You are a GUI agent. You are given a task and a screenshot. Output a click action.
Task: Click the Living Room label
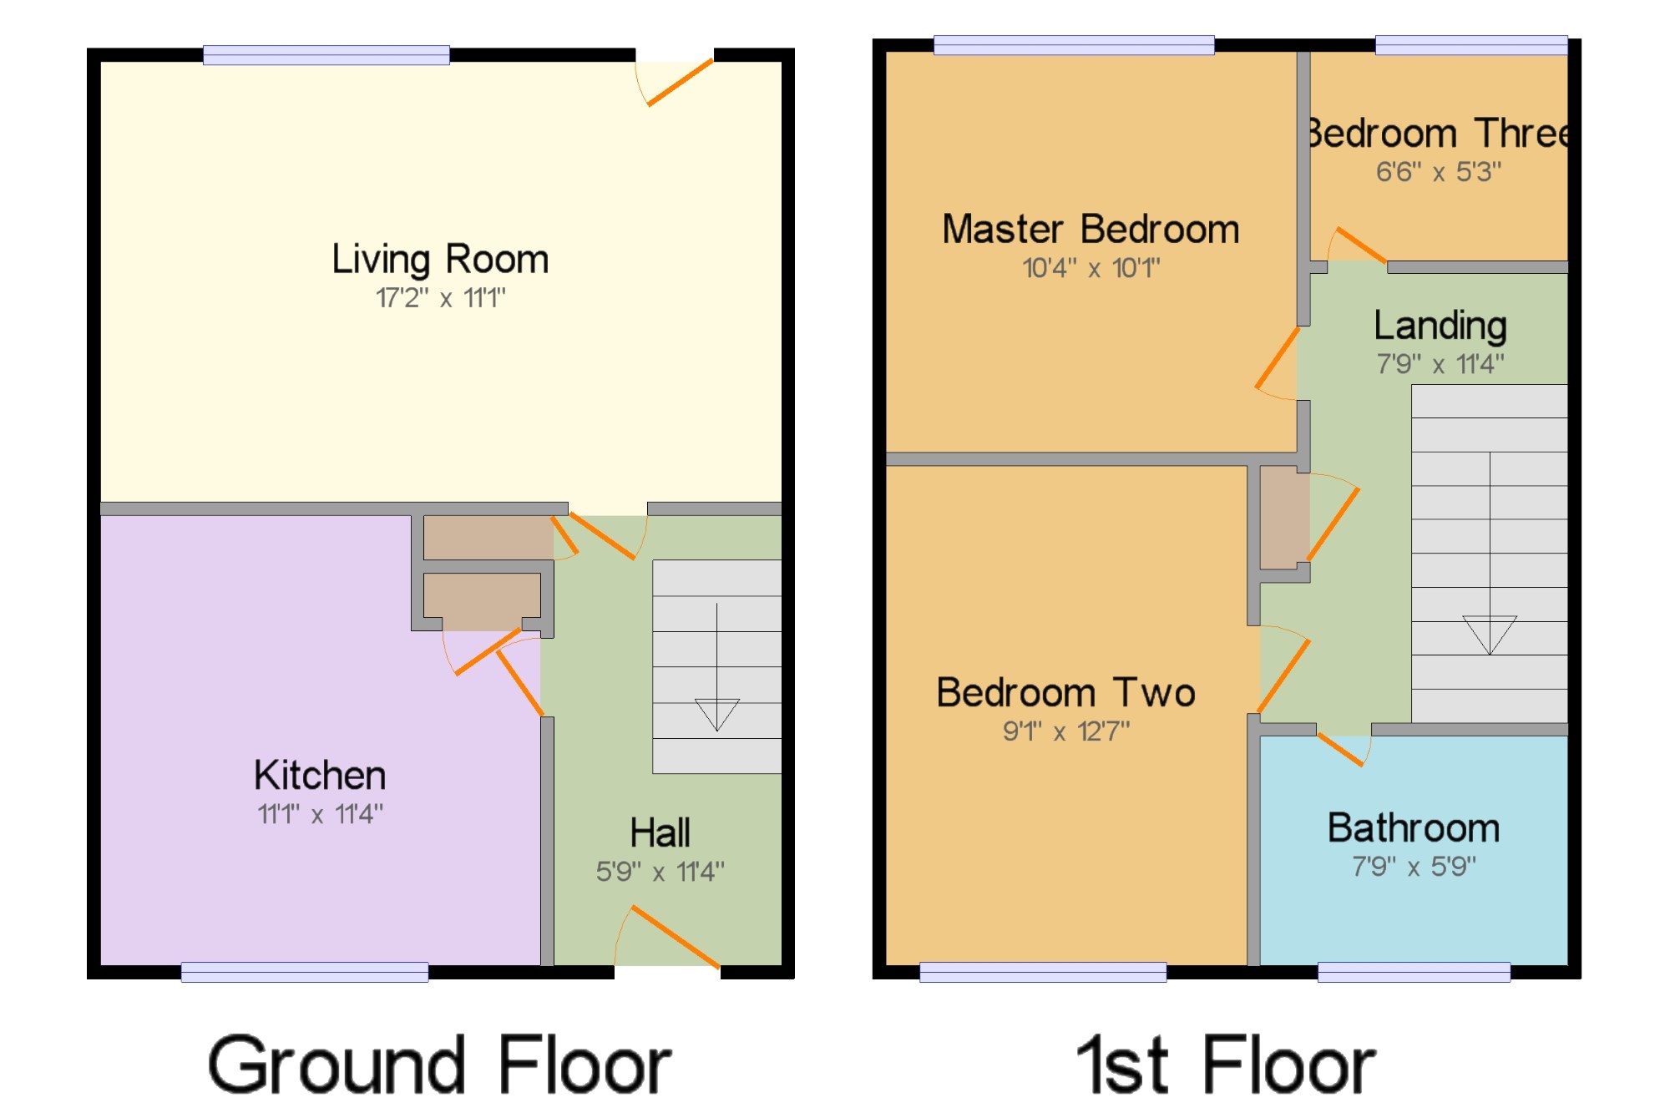pos(440,259)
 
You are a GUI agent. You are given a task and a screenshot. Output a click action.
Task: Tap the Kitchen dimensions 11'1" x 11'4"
pos(320,813)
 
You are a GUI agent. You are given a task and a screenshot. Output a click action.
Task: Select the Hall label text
pos(660,832)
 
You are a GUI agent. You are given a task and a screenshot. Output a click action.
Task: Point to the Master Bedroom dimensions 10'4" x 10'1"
pos(1091,268)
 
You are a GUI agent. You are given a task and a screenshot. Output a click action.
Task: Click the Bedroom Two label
pos(1066,693)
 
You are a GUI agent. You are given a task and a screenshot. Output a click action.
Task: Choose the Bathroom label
pos(1414,828)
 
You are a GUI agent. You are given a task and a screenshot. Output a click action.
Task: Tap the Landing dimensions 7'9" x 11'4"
pos(1440,364)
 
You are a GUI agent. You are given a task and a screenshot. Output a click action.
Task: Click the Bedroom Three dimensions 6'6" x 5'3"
pos(1439,172)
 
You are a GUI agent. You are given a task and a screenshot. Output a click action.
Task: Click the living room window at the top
pos(326,55)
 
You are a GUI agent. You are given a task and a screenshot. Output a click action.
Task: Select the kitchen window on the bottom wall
pos(305,972)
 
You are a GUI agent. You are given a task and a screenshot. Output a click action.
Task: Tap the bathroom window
pos(1414,972)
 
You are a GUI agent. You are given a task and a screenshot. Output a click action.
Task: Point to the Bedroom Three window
pos(1471,45)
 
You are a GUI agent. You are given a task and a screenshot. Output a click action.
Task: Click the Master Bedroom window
pos(1074,45)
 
